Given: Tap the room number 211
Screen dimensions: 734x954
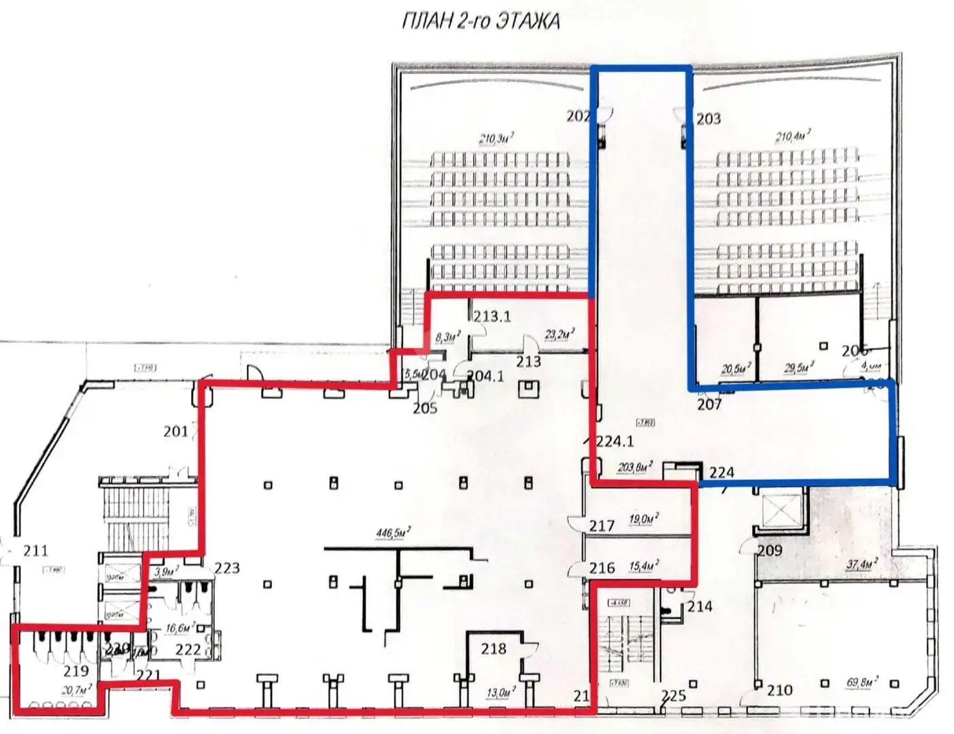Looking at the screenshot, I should [x=35, y=550].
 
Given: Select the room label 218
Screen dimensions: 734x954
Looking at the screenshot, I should [x=493, y=648].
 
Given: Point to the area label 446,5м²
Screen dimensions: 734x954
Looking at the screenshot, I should [x=394, y=534].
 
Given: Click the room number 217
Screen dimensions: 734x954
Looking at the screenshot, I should [x=602, y=525].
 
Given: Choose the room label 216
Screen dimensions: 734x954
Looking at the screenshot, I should [x=602, y=567].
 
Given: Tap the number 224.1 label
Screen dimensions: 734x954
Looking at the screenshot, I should [x=615, y=441].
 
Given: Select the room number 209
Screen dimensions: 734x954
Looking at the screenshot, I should [x=770, y=550].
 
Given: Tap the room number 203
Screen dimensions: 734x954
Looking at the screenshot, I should [x=709, y=119].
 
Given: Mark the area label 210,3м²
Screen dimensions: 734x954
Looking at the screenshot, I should [x=496, y=139].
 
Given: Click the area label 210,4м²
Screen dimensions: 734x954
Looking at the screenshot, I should [x=793, y=137].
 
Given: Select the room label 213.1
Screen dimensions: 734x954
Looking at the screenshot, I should [x=492, y=317].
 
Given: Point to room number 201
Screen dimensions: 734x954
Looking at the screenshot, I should [x=176, y=431].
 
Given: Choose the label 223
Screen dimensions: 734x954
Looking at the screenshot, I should [x=227, y=567].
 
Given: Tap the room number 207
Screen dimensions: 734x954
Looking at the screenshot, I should [x=710, y=404].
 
